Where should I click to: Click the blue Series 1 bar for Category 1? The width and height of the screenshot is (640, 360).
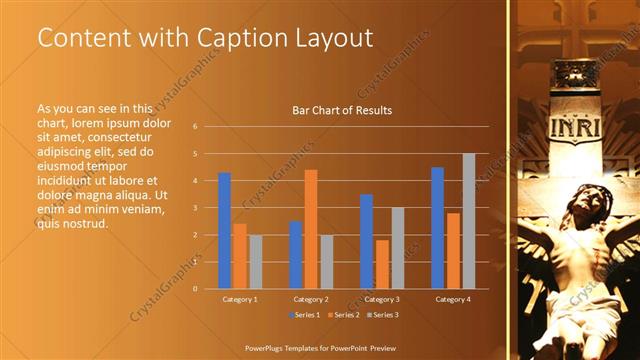225,230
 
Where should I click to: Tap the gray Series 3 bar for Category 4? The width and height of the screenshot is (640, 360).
468,221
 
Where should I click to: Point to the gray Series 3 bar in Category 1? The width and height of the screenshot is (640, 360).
255,261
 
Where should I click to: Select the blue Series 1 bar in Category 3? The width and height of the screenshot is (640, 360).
367,241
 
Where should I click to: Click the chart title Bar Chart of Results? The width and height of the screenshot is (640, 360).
341,110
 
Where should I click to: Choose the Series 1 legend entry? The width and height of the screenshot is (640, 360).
305,316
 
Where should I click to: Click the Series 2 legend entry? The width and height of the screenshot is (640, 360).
343,316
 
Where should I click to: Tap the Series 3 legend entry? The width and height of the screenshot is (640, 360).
381,316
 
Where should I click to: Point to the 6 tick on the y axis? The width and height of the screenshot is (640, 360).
196,127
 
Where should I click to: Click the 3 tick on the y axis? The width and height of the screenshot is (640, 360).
196,208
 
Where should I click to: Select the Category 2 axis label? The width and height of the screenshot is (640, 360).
311,299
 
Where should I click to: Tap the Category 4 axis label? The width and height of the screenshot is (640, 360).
453,299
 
